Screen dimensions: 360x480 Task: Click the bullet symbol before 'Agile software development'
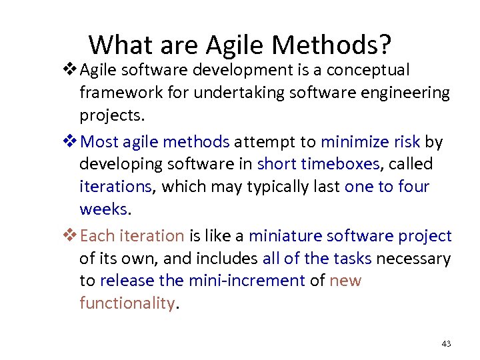pos(69,69)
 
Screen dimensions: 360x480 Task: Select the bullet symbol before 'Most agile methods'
pos(69,141)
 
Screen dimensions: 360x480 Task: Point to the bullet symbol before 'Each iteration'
pos(69,235)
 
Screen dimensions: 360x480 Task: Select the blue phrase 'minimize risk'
pos(370,141)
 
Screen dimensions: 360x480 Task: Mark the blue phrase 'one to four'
pos(387,187)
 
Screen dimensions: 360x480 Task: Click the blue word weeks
pos(105,209)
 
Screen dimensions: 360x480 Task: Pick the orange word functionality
pos(127,303)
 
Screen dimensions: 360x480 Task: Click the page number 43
pos(446,344)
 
